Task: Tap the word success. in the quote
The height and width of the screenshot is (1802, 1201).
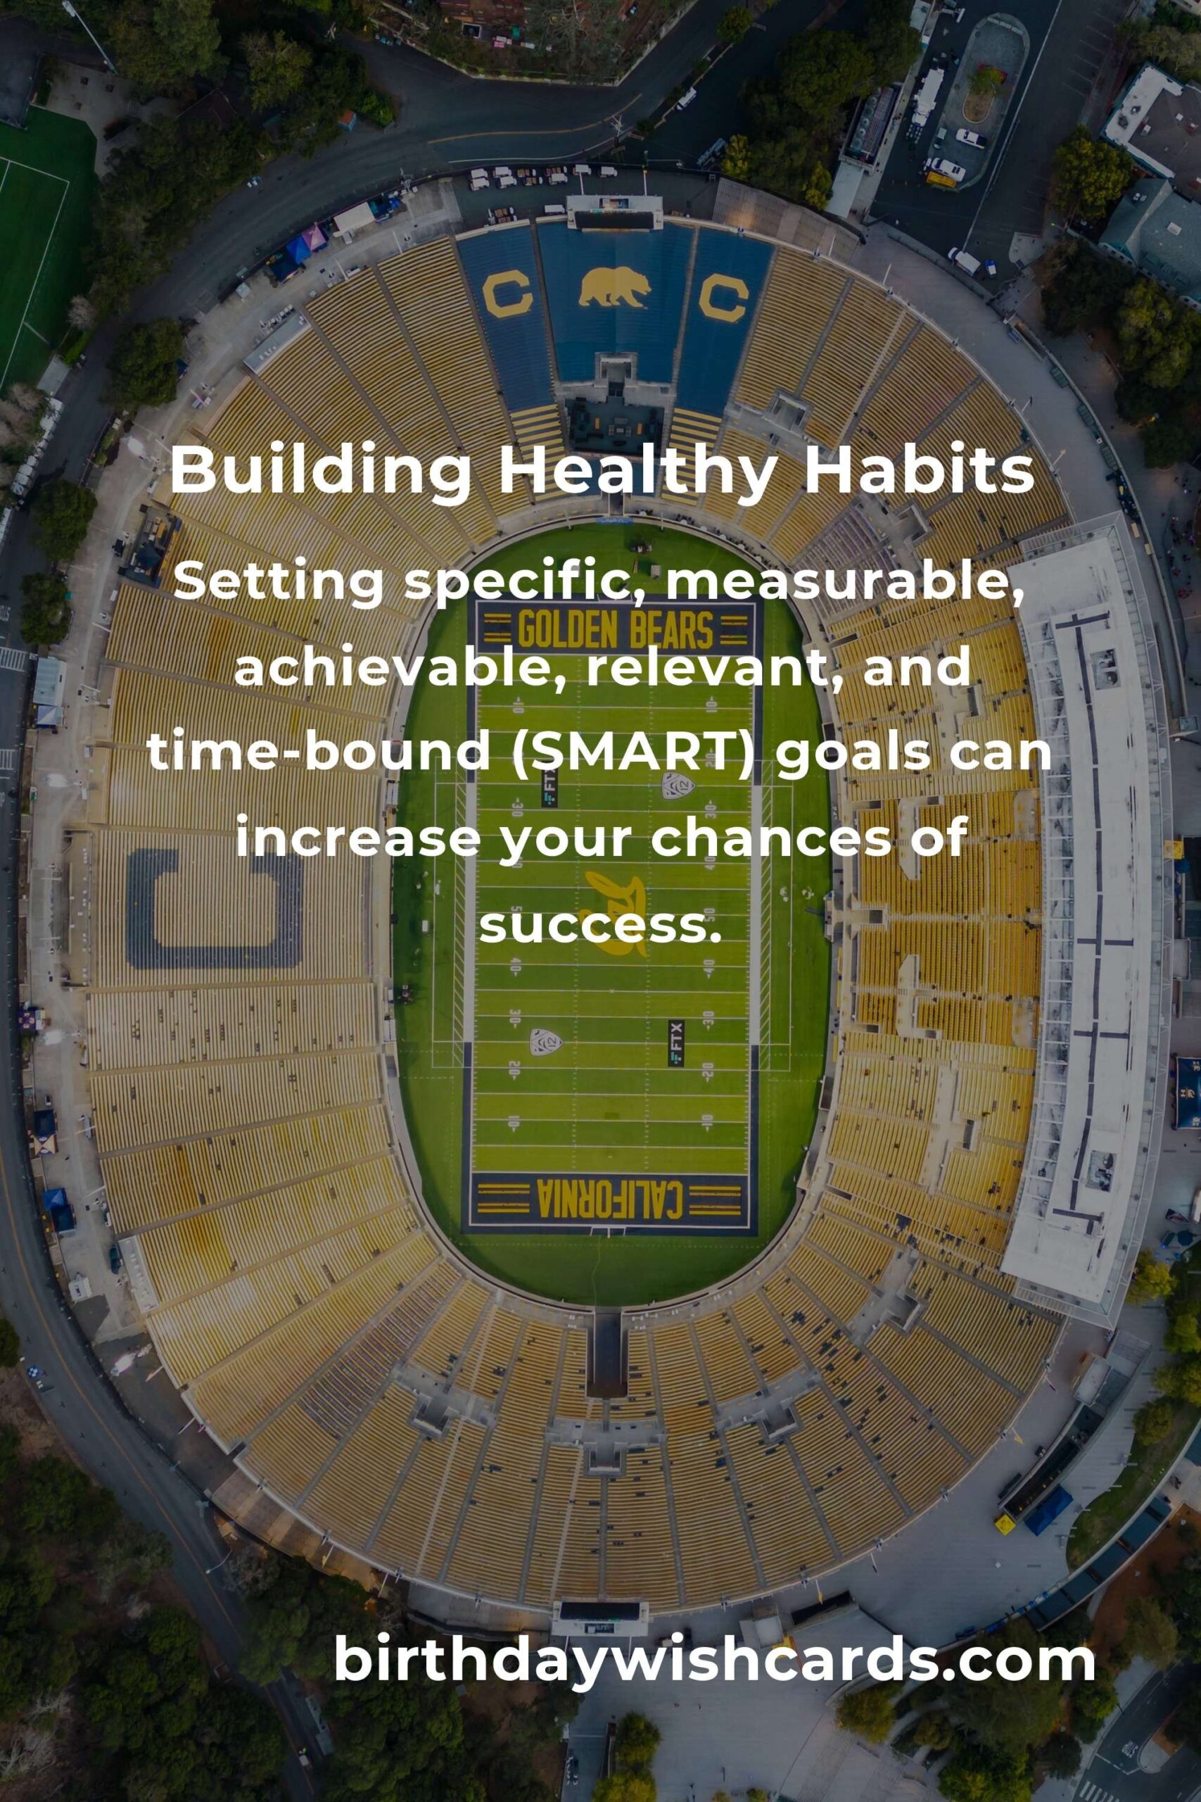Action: (x=601, y=926)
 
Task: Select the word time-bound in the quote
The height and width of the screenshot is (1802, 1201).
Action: (x=319, y=752)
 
